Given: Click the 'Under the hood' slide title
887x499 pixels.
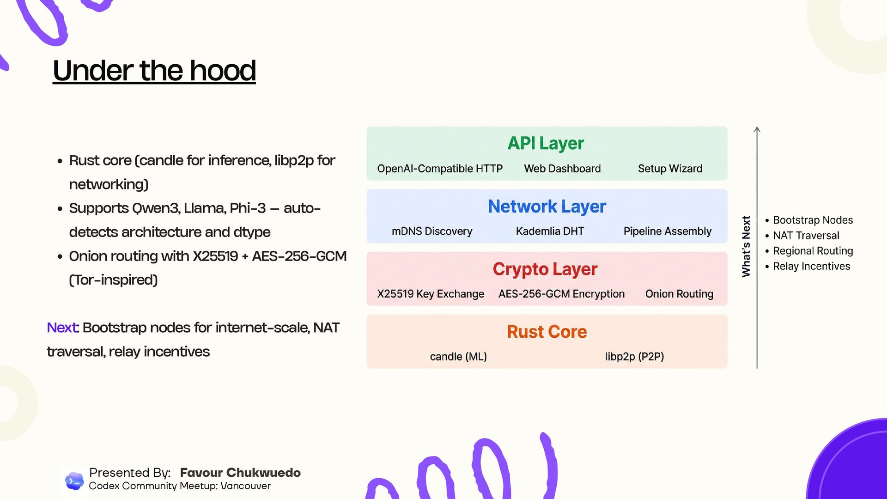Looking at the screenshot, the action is [154, 71].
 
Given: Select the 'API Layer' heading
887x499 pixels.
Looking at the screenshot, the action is [546, 143].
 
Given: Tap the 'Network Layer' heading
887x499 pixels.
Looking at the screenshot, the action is [547, 206].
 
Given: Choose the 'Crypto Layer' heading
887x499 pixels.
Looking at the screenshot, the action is [545, 269].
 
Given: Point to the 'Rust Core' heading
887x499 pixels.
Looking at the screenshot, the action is [547, 332].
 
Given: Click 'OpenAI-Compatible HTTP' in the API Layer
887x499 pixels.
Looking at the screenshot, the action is [440, 169].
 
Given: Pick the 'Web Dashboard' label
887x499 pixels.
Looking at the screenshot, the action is [562, 169].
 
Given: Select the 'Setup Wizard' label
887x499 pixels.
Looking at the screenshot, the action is [670, 169].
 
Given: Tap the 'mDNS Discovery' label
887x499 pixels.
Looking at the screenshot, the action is [432, 231].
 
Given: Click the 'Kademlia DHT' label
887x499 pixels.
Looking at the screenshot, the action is [550, 231].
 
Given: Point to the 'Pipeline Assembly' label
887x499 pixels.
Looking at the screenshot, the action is [667, 231].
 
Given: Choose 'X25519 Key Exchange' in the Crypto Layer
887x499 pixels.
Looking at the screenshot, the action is [431, 294].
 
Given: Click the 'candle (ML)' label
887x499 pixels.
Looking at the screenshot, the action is [458, 357].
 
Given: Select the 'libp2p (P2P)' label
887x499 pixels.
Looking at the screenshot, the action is [634, 357].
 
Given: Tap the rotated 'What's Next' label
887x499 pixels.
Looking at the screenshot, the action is [746, 246].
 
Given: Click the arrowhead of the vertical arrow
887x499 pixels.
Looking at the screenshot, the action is [757, 129].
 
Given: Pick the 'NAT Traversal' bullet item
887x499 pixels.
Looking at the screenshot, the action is [806, 236].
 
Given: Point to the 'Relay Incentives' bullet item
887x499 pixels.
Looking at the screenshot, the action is [811, 266].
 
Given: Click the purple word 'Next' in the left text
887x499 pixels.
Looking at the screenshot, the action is [62, 328].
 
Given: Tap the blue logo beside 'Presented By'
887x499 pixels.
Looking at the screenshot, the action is [74, 481].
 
